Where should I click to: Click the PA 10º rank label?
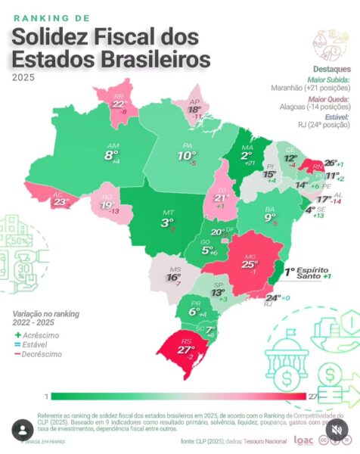(185, 154)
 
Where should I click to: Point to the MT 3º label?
(166, 221)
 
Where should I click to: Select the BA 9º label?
(270, 216)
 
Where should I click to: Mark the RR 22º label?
(119, 104)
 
